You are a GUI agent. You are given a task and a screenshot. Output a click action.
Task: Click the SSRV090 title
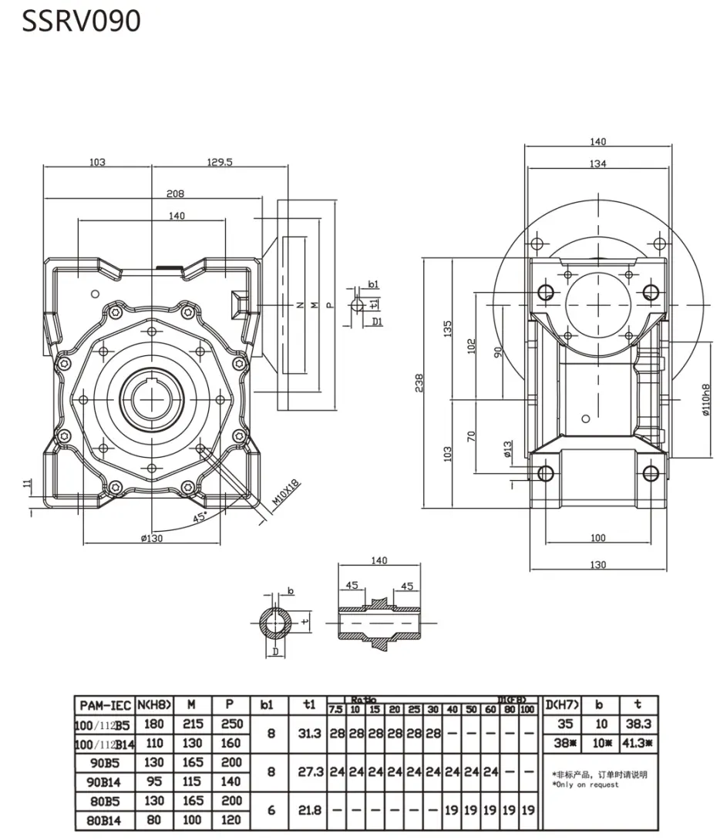click(x=81, y=21)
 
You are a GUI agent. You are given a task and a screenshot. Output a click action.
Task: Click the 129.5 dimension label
click(x=220, y=163)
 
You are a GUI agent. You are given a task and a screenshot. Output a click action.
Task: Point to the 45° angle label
click(x=201, y=519)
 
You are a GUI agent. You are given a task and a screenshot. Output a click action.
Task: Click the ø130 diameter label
click(x=151, y=538)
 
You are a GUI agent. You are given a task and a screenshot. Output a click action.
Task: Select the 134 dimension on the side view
click(x=598, y=163)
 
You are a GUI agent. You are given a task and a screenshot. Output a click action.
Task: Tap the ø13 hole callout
click(x=508, y=449)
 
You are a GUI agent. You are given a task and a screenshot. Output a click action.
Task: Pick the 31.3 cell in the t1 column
click(x=310, y=734)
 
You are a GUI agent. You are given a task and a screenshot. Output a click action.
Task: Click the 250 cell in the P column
click(x=232, y=724)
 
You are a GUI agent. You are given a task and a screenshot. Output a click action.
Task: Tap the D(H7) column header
click(x=563, y=704)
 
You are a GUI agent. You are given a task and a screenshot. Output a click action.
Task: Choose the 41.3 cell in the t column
click(x=638, y=744)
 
